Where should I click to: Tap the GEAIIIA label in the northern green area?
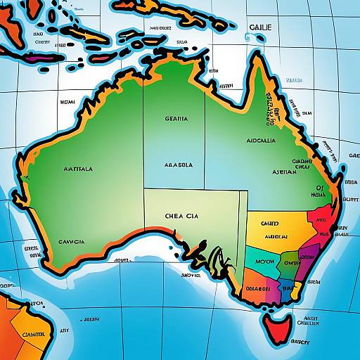(x=176, y=120)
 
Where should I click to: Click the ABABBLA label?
(x=178, y=165)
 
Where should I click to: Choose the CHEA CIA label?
(x=181, y=217)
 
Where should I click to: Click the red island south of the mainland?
(x=278, y=324)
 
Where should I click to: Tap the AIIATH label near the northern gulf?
(x=226, y=86)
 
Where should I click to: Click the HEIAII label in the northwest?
(x=67, y=103)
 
